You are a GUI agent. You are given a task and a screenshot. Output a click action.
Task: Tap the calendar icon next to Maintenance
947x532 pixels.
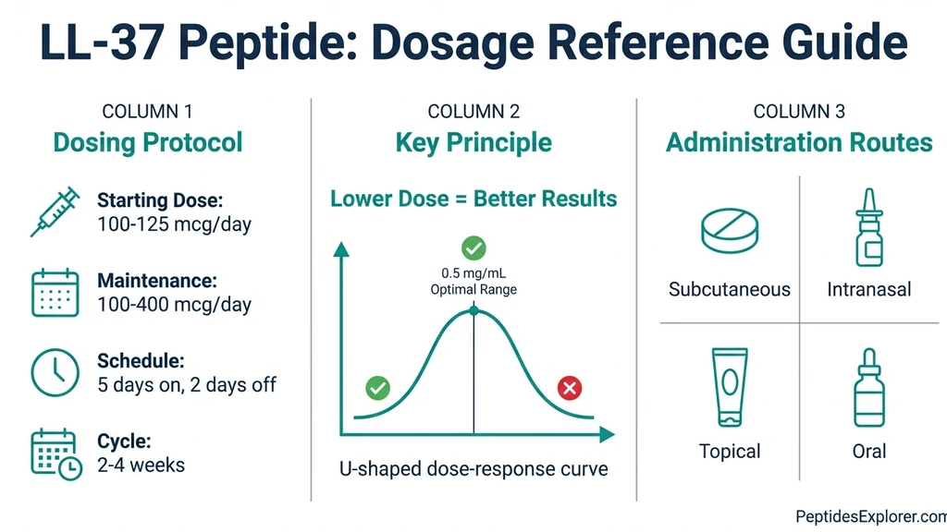pyautogui.click(x=55, y=293)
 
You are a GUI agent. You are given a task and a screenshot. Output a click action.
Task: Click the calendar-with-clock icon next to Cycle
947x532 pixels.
pyautogui.click(x=55, y=453)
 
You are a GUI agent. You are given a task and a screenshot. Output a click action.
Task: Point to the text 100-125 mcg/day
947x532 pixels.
pyautogui.click(x=174, y=224)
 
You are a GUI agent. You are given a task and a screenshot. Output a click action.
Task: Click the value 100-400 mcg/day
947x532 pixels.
pyautogui.click(x=174, y=305)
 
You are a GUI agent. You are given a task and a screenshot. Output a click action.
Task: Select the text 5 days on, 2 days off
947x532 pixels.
pyautogui.click(x=187, y=385)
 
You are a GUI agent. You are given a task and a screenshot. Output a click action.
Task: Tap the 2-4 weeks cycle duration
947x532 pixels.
pyautogui.click(x=141, y=465)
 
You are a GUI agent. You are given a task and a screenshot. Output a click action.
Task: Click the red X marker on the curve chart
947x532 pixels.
pyautogui.click(x=571, y=389)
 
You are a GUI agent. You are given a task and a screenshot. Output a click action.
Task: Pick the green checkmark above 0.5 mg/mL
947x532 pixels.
pyautogui.click(x=473, y=248)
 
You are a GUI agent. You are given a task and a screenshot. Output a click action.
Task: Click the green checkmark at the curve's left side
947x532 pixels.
pyautogui.click(x=377, y=388)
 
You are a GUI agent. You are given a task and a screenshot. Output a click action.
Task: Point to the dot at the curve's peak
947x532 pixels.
pyautogui.click(x=473, y=311)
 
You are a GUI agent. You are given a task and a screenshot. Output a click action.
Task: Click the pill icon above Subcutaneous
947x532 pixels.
pyautogui.click(x=730, y=231)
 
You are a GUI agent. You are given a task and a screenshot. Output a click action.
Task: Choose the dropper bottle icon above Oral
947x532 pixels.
pyautogui.click(x=868, y=388)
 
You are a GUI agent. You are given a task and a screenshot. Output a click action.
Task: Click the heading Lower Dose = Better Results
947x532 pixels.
pyautogui.click(x=473, y=199)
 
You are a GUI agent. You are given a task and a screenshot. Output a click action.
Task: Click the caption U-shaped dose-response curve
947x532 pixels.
pyautogui.click(x=473, y=469)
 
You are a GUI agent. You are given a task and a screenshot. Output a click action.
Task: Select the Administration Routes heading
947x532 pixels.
pyautogui.click(x=799, y=142)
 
